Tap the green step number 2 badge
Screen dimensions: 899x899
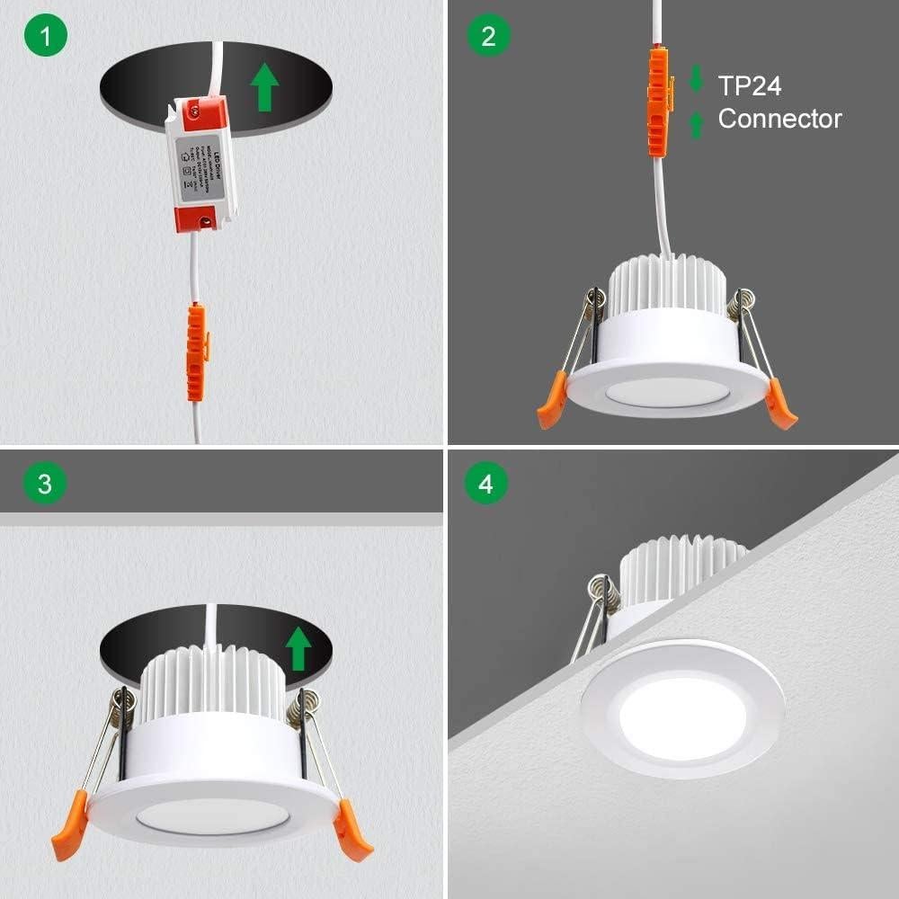488,36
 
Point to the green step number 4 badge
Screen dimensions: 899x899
486,484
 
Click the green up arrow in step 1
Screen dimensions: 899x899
263,88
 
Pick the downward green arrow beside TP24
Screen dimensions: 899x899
696,78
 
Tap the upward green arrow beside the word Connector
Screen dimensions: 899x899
696,123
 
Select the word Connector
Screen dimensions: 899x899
779,119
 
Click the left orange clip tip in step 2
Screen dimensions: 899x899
549,409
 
